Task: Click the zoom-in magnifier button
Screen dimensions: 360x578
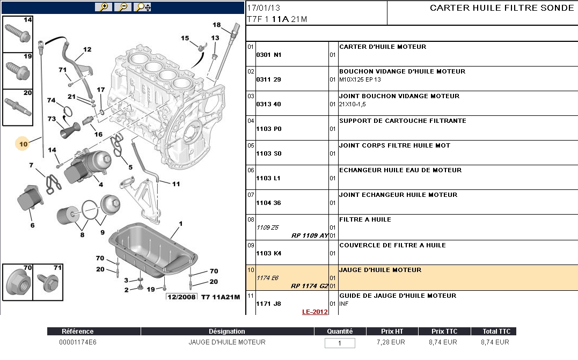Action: [103, 7]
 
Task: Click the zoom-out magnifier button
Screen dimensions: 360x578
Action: [123, 7]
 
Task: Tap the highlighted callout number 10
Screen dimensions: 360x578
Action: [23, 144]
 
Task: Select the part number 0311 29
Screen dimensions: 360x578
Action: [268, 79]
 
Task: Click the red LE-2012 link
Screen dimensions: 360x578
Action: [314, 312]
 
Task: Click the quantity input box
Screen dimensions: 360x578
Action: [340, 343]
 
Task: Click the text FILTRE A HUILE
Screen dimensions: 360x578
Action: [365, 219]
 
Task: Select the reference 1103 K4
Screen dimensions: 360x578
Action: [268, 253]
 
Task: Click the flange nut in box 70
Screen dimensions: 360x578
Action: [16, 282]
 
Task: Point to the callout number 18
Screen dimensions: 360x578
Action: [216, 25]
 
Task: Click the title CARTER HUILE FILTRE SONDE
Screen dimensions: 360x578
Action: [502, 8]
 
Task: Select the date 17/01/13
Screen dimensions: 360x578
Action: [264, 8]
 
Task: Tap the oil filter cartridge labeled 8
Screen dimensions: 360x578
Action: [68, 217]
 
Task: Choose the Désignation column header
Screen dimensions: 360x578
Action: [226, 332]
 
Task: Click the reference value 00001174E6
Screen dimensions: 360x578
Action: [78, 342]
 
